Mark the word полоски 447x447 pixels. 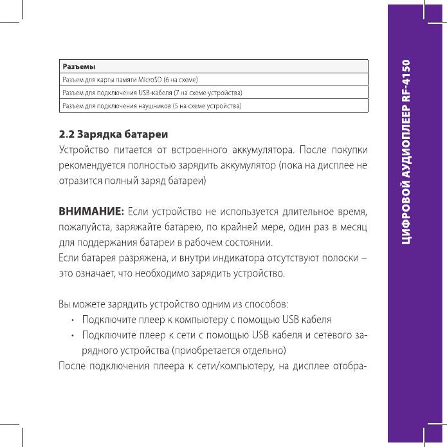click(339, 259)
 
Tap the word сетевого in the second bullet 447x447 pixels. click(322, 336)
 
